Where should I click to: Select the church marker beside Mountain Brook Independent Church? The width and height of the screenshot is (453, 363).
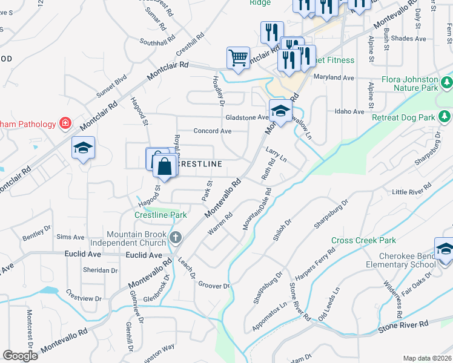point(176,237)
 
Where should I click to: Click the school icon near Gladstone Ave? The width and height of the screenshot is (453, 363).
point(280,110)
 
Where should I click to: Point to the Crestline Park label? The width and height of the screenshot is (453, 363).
point(160,215)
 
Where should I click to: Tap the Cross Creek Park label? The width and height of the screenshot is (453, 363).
point(363,240)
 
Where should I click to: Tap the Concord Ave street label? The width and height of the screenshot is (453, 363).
point(213,131)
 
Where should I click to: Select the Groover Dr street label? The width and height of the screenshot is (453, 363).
point(214,286)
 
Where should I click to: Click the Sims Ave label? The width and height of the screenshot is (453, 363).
point(70,237)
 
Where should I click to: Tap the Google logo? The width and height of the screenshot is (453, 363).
point(20,356)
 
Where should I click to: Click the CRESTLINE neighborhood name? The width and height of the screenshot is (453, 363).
point(200,164)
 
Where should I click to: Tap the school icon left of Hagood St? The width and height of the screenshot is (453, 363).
point(83,148)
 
